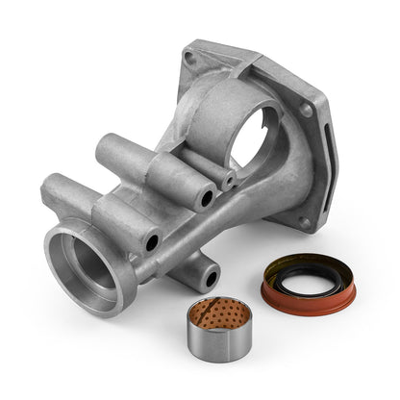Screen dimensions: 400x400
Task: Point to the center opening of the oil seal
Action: (x=309, y=286)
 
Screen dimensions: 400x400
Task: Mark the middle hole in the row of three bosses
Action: (x=206, y=199)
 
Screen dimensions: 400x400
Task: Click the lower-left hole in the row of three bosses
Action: (x=152, y=243)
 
